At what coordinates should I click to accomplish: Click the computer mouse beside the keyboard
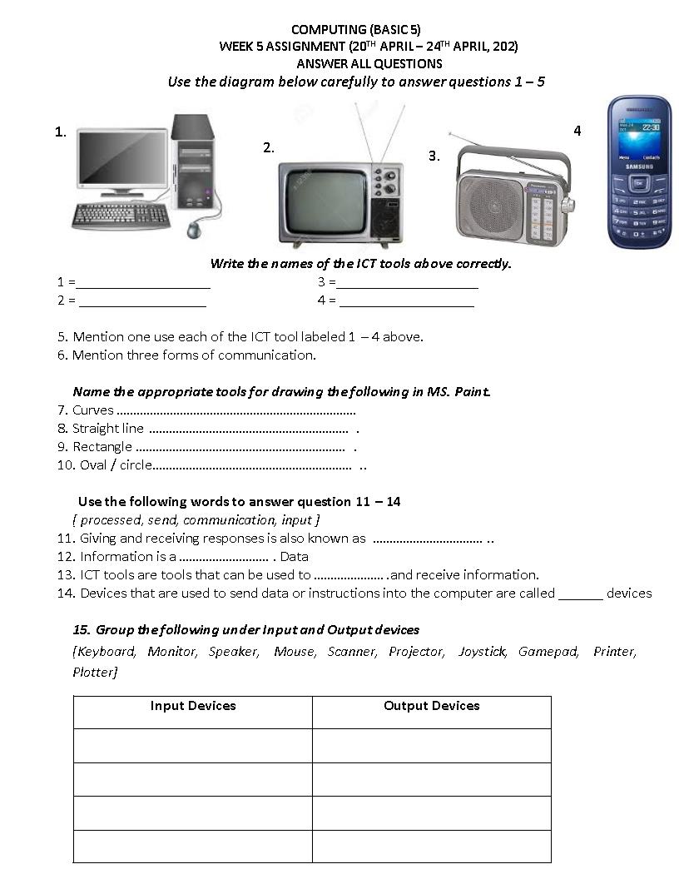[x=196, y=228]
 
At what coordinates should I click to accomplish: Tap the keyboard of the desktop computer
[x=121, y=216]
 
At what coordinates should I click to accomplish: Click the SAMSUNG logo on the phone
[x=639, y=166]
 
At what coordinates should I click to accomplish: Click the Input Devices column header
[x=193, y=706]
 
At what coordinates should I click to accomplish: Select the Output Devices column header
[x=431, y=706]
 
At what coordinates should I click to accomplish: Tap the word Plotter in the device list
[x=94, y=672]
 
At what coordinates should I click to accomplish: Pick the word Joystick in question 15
[x=482, y=652]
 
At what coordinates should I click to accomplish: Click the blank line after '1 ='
[x=143, y=286]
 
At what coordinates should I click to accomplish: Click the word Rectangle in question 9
[x=102, y=447]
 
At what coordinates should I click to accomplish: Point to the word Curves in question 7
[x=92, y=410]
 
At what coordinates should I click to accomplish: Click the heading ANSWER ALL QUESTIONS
[x=369, y=63]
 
